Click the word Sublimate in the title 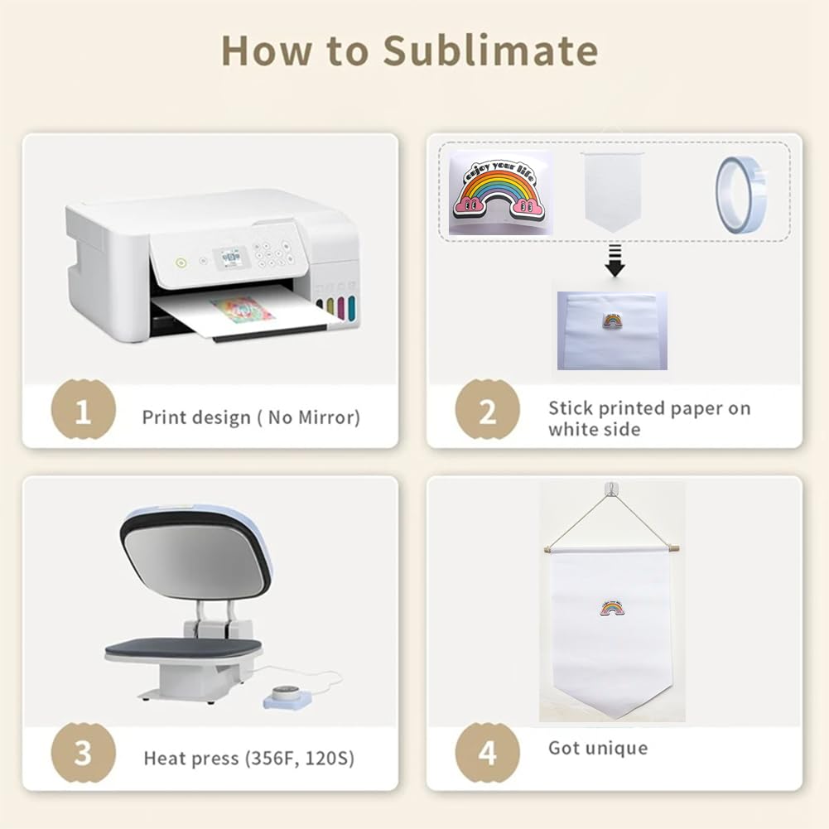(x=490, y=51)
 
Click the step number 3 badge (x=83, y=752)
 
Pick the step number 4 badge (x=488, y=752)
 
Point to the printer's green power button (x=181, y=262)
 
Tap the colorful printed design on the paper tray (x=243, y=309)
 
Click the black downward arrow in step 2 (x=615, y=260)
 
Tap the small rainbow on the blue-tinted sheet (x=612, y=321)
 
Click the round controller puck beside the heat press (x=286, y=696)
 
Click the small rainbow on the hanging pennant (x=612, y=609)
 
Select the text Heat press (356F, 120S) (x=249, y=759)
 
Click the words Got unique (x=598, y=748)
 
